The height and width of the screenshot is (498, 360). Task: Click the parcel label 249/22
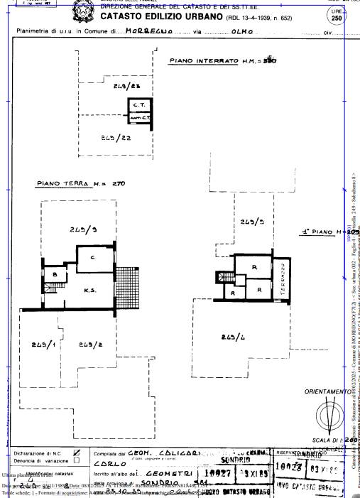click(x=116, y=137)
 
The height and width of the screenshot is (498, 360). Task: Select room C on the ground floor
click(x=92, y=256)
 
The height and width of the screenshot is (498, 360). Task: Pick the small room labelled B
click(x=55, y=274)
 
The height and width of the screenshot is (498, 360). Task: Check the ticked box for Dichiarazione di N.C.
click(x=77, y=452)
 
